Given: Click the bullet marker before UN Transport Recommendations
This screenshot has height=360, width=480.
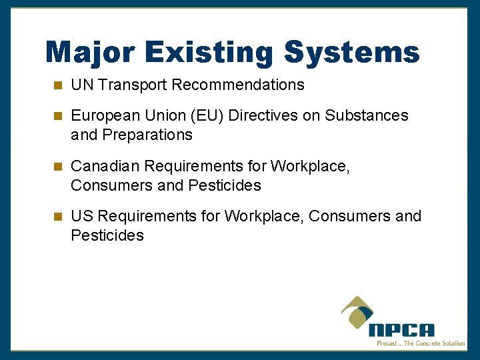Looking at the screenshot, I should coord(58,85).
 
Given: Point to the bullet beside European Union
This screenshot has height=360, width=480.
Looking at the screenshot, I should coord(58,116).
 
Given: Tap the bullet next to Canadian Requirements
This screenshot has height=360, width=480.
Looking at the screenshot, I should coord(58,166).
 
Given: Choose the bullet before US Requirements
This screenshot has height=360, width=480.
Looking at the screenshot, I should coord(58,217).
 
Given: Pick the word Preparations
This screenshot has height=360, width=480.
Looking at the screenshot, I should coord(147,135).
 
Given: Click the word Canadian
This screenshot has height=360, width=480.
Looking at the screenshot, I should coord(105,166).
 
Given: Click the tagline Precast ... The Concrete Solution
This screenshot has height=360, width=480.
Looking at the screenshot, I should coord(421,343).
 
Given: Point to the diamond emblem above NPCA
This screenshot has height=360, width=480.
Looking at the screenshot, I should coord(359,312).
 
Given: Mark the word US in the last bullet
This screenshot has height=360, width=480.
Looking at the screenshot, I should coord(81,217).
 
